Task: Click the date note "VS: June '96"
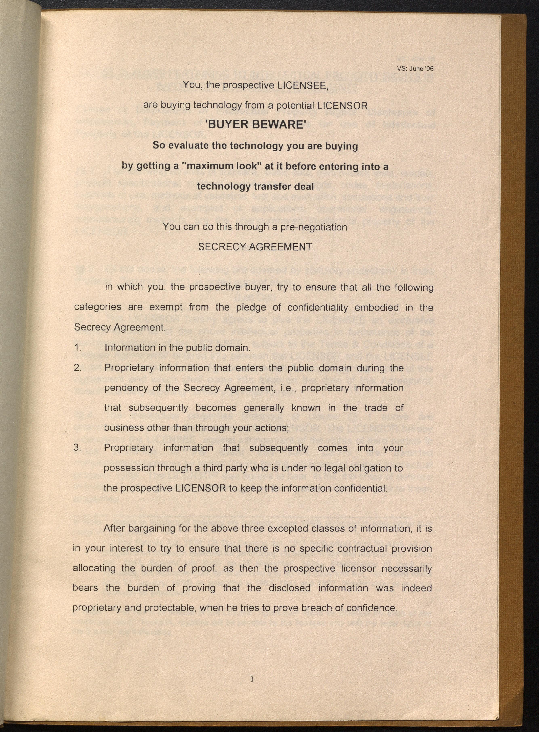coord(415,69)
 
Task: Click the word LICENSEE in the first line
coord(302,85)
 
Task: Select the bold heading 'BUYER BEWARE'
coord(255,125)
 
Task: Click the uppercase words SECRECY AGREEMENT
coord(255,247)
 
